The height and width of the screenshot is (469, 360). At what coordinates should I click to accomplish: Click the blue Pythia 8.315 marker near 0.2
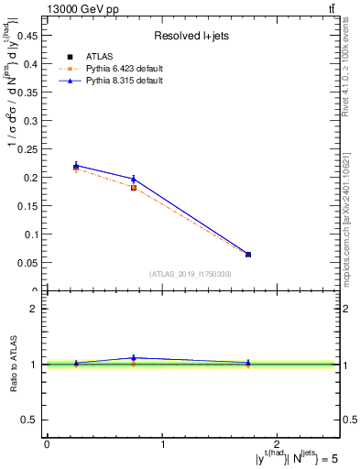coord(134,179)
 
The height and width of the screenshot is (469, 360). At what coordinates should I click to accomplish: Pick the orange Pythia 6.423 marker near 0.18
coord(134,188)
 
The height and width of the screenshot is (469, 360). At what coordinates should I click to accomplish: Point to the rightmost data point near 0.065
coord(248,254)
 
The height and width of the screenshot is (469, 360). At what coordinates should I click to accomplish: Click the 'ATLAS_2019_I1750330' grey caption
coord(191,274)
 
